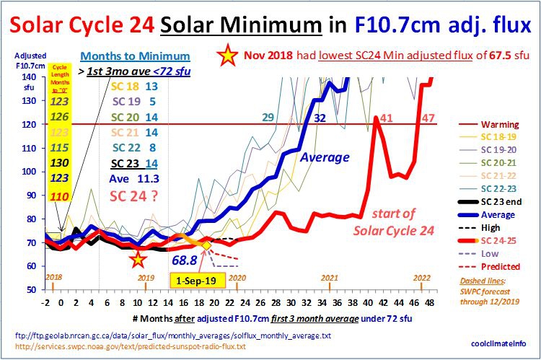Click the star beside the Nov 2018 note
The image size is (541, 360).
(229, 56)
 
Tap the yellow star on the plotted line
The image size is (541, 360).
(138, 258)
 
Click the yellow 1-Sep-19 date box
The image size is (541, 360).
(193, 278)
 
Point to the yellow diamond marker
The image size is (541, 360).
(206, 246)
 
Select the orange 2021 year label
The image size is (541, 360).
(330, 278)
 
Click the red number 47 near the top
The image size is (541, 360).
(428, 118)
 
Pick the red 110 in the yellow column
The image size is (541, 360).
(60, 196)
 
